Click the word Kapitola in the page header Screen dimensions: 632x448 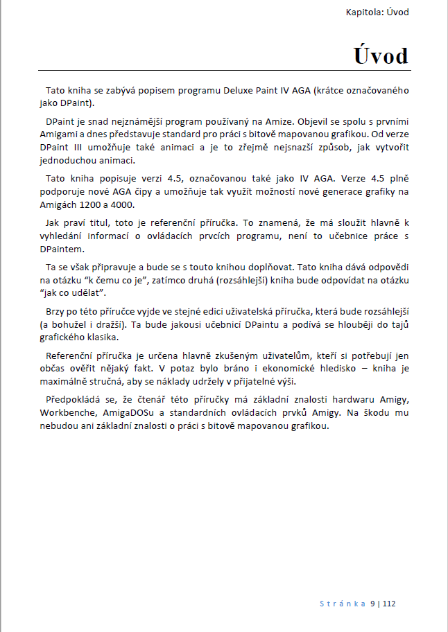coord(364,12)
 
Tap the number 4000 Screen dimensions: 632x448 coord(121,205)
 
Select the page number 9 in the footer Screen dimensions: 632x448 coord(373,604)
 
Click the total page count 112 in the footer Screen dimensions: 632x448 coord(388,604)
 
